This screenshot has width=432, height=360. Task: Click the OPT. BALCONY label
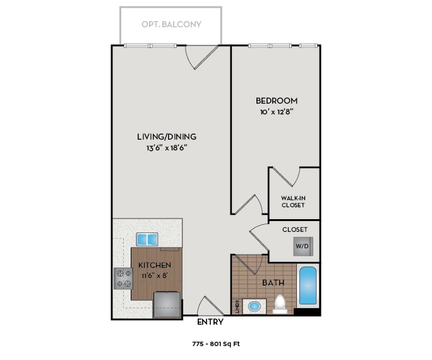pyautogui.click(x=171, y=25)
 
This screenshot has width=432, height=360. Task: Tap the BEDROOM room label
pyautogui.click(x=276, y=100)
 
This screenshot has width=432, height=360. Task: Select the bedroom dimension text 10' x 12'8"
pyautogui.click(x=276, y=112)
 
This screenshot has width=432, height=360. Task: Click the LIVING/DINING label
pyautogui.click(x=167, y=136)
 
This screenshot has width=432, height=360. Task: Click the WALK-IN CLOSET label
pyautogui.click(x=293, y=201)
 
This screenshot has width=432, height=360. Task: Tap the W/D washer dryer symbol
pyautogui.click(x=303, y=245)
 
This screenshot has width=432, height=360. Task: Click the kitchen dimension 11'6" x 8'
pyautogui.click(x=155, y=275)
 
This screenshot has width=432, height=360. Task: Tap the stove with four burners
pyautogui.click(x=122, y=277)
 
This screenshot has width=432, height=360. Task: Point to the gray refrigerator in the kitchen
pyautogui.click(x=167, y=304)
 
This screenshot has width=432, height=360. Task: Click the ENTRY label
pyautogui.click(x=210, y=322)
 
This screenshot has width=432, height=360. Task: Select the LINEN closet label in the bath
pyautogui.click(x=237, y=306)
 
